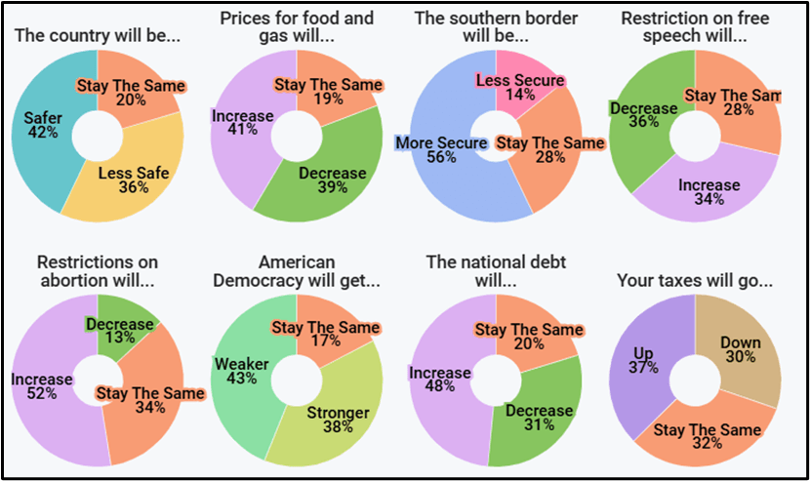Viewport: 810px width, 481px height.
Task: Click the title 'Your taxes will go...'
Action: pyautogui.click(x=695, y=281)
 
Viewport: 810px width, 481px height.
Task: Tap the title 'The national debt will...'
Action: pyautogui.click(x=496, y=271)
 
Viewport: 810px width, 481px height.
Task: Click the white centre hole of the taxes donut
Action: pyautogui.click(x=695, y=380)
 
